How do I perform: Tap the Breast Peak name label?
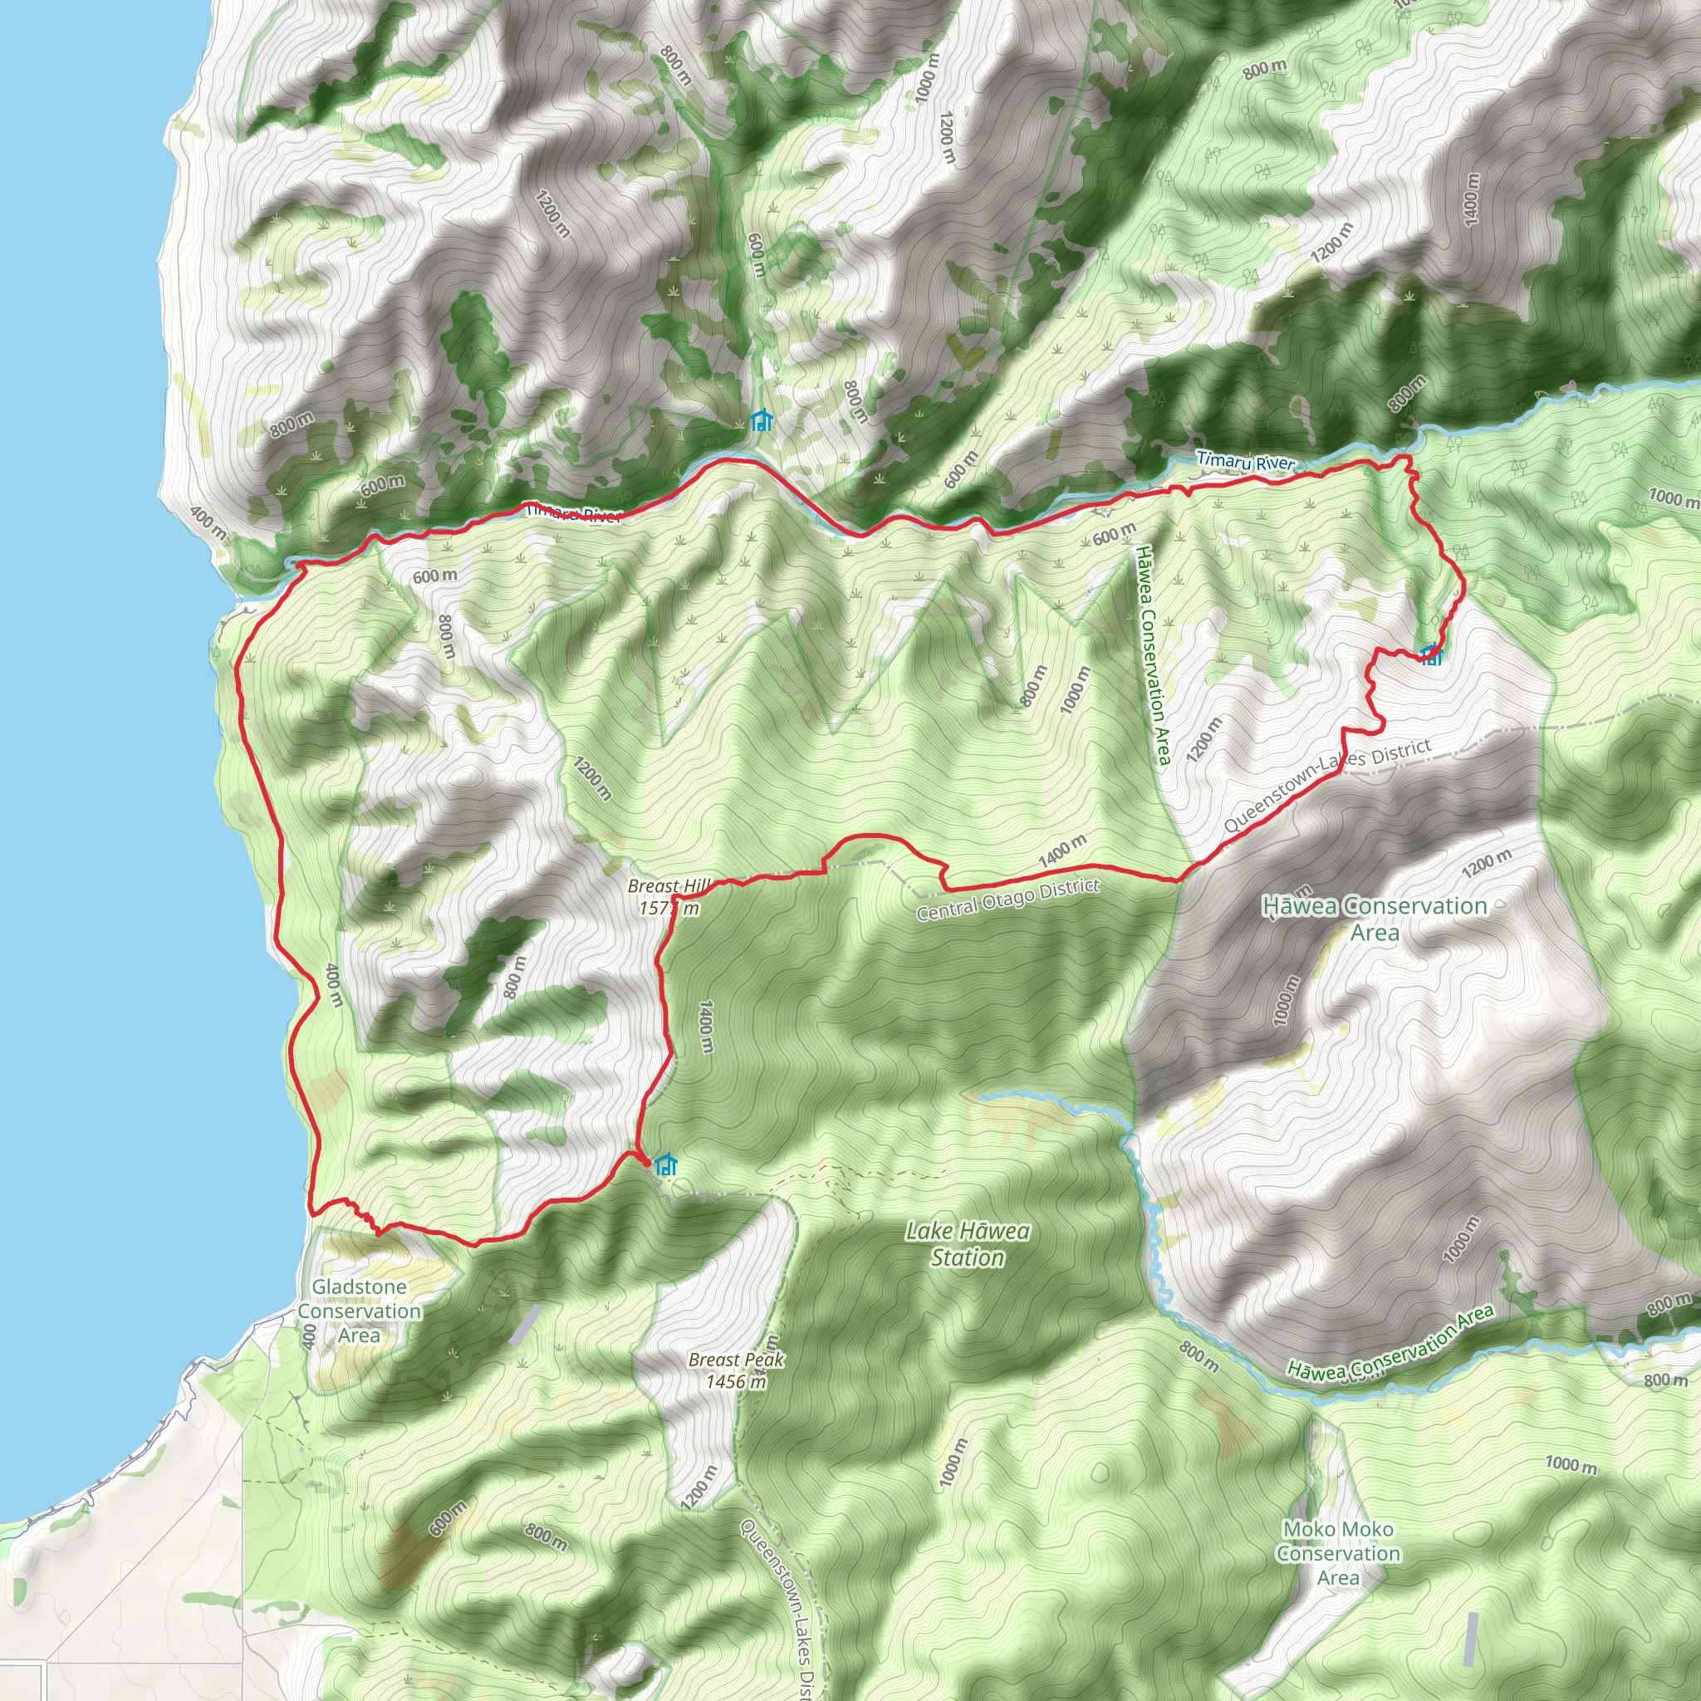pyautogui.click(x=736, y=1360)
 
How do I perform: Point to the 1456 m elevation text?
pyautogui.click(x=736, y=1381)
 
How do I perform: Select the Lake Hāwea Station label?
pyautogui.click(x=968, y=1244)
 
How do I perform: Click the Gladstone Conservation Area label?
pyautogui.click(x=359, y=1311)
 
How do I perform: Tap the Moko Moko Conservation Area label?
pyautogui.click(x=1337, y=1553)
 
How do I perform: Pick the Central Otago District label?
pyautogui.click(x=1007, y=900)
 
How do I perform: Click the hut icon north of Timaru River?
pyautogui.click(x=762, y=421)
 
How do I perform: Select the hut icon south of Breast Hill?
pyautogui.click(x=666, y=1164)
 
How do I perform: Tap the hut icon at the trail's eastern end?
pyautogui.click(x=1432, y=654)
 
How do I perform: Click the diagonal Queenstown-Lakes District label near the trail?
pyautogui.click(x=1326, y=786)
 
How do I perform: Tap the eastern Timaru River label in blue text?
pyautogui.click(x=1245, y=461)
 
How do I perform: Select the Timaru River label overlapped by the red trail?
pyautogui.click(x=573, y=513)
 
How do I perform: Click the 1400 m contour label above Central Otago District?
pyautogui.click(x=1061, y=850)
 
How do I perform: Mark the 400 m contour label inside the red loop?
pyautogui.click(x=334, y=985)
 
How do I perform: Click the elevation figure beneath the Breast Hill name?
pyautogui.click(x=669, y=908)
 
